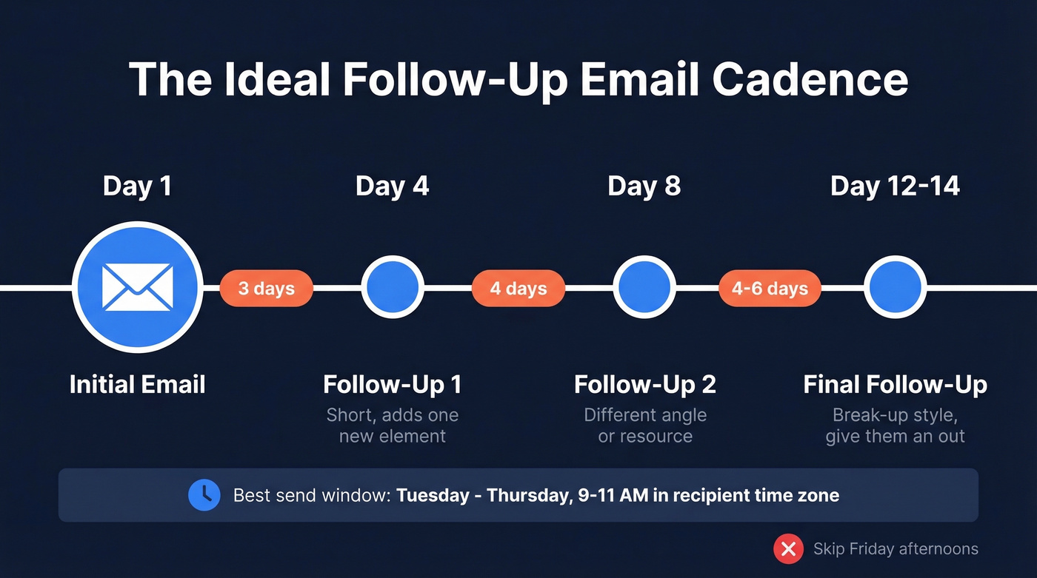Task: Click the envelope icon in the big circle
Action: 137,287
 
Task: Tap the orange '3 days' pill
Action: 266,289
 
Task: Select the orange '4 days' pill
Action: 518,289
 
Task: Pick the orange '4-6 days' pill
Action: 770,289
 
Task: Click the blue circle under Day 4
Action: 393,287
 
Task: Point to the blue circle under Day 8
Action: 644,287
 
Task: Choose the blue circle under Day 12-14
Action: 896,287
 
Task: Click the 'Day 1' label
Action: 137,186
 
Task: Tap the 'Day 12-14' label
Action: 895,186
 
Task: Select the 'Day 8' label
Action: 644,186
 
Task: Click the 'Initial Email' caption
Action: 137,385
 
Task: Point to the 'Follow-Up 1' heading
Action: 393,385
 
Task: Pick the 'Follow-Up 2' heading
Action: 644,385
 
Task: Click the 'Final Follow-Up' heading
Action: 895,385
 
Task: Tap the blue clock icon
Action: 204,495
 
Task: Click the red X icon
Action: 789,549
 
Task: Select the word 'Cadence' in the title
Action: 810,80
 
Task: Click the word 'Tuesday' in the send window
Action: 433,495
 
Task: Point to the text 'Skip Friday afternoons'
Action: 896,549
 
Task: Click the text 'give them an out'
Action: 895,437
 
